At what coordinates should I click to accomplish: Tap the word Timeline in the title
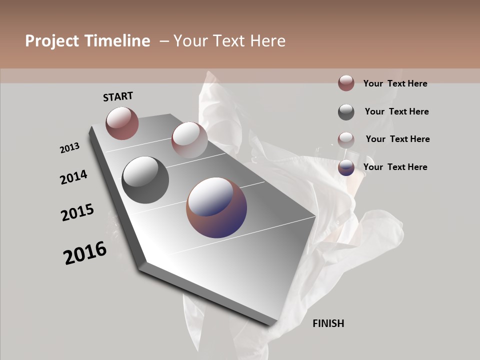pyautogui.click(x=117, y=41)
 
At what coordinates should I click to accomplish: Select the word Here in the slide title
pyautogui.click(x=268, y=41)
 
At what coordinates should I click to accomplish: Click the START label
pyautogui.click(x=118, y=96)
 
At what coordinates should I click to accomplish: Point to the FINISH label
pyautogui.click(x=328, y=323)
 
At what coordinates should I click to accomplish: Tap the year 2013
pyautogui.click(x=70, y=148)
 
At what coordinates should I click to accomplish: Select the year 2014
pyautogui.click(x=74, y=177)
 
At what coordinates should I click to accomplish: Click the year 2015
pyautogui.click(x=77, y=213)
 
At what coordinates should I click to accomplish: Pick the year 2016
pyautogui.click(x=85, y=253)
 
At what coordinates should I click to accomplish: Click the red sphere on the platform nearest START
pyautogui.click(x=122, y=123)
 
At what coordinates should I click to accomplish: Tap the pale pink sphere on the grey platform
pyautogui.click(x=189, y=140)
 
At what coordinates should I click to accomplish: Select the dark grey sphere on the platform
pyautogui.click(x=145, y=180)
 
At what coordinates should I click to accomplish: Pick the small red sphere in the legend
pyautogui.click(x=346, y=83)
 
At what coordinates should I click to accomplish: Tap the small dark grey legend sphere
pyautogui.click(x=346, y=112)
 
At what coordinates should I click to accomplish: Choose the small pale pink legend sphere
pyautogui.click(x=346, y=139)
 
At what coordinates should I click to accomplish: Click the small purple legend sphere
pyautogui.click(x=346, y=167)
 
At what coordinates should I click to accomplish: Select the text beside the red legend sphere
pyautogui.click(x=395, y=83)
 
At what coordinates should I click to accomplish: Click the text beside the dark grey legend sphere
pyautogui.click(x=397, y=111)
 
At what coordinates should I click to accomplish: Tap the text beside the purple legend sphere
pyautogui.click(x=395, y=167)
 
